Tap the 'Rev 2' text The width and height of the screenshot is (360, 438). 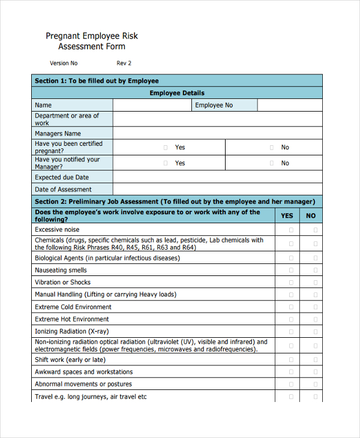124,63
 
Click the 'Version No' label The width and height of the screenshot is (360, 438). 64,63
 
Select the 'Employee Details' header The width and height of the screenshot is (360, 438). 176,93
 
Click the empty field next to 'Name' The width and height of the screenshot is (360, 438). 152,105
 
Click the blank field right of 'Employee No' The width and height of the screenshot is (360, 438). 289,105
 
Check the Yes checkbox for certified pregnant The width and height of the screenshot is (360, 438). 166,147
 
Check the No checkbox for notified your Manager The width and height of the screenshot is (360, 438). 271,163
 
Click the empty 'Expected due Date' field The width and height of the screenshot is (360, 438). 217,177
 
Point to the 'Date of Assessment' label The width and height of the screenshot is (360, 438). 63,190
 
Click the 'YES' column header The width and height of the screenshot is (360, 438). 287,216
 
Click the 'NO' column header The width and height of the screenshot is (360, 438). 311,216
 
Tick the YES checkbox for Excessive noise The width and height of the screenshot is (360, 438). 292,230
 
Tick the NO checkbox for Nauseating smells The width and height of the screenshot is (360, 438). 315,271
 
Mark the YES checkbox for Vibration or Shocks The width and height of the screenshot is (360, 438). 292,283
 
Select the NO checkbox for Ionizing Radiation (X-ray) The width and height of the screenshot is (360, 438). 315,331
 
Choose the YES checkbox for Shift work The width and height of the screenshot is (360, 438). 292,360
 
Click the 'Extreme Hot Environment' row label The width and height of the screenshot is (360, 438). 72,319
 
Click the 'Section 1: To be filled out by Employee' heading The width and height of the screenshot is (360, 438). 97,81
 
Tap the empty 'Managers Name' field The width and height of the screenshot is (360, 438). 217,133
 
